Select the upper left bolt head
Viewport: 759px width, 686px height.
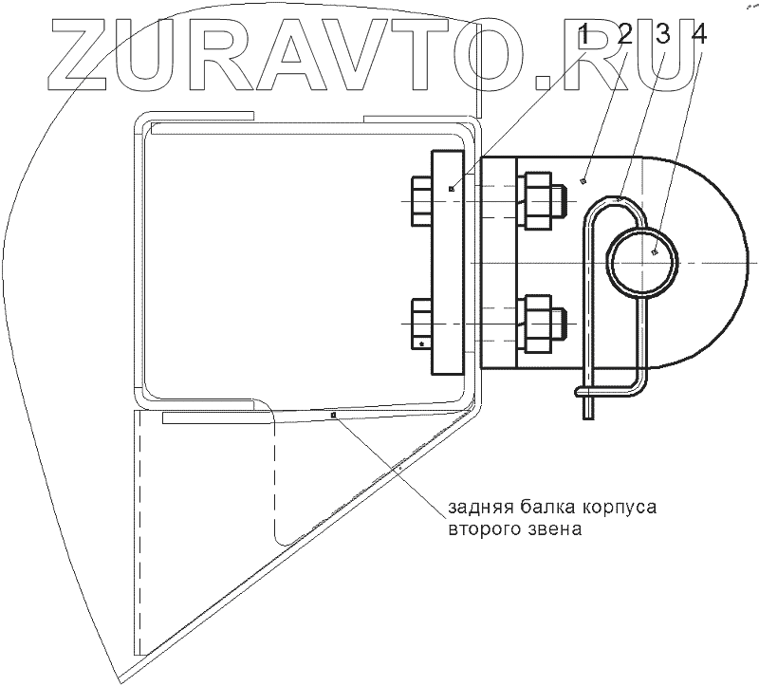pyautogui.click(x=420, y=201)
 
